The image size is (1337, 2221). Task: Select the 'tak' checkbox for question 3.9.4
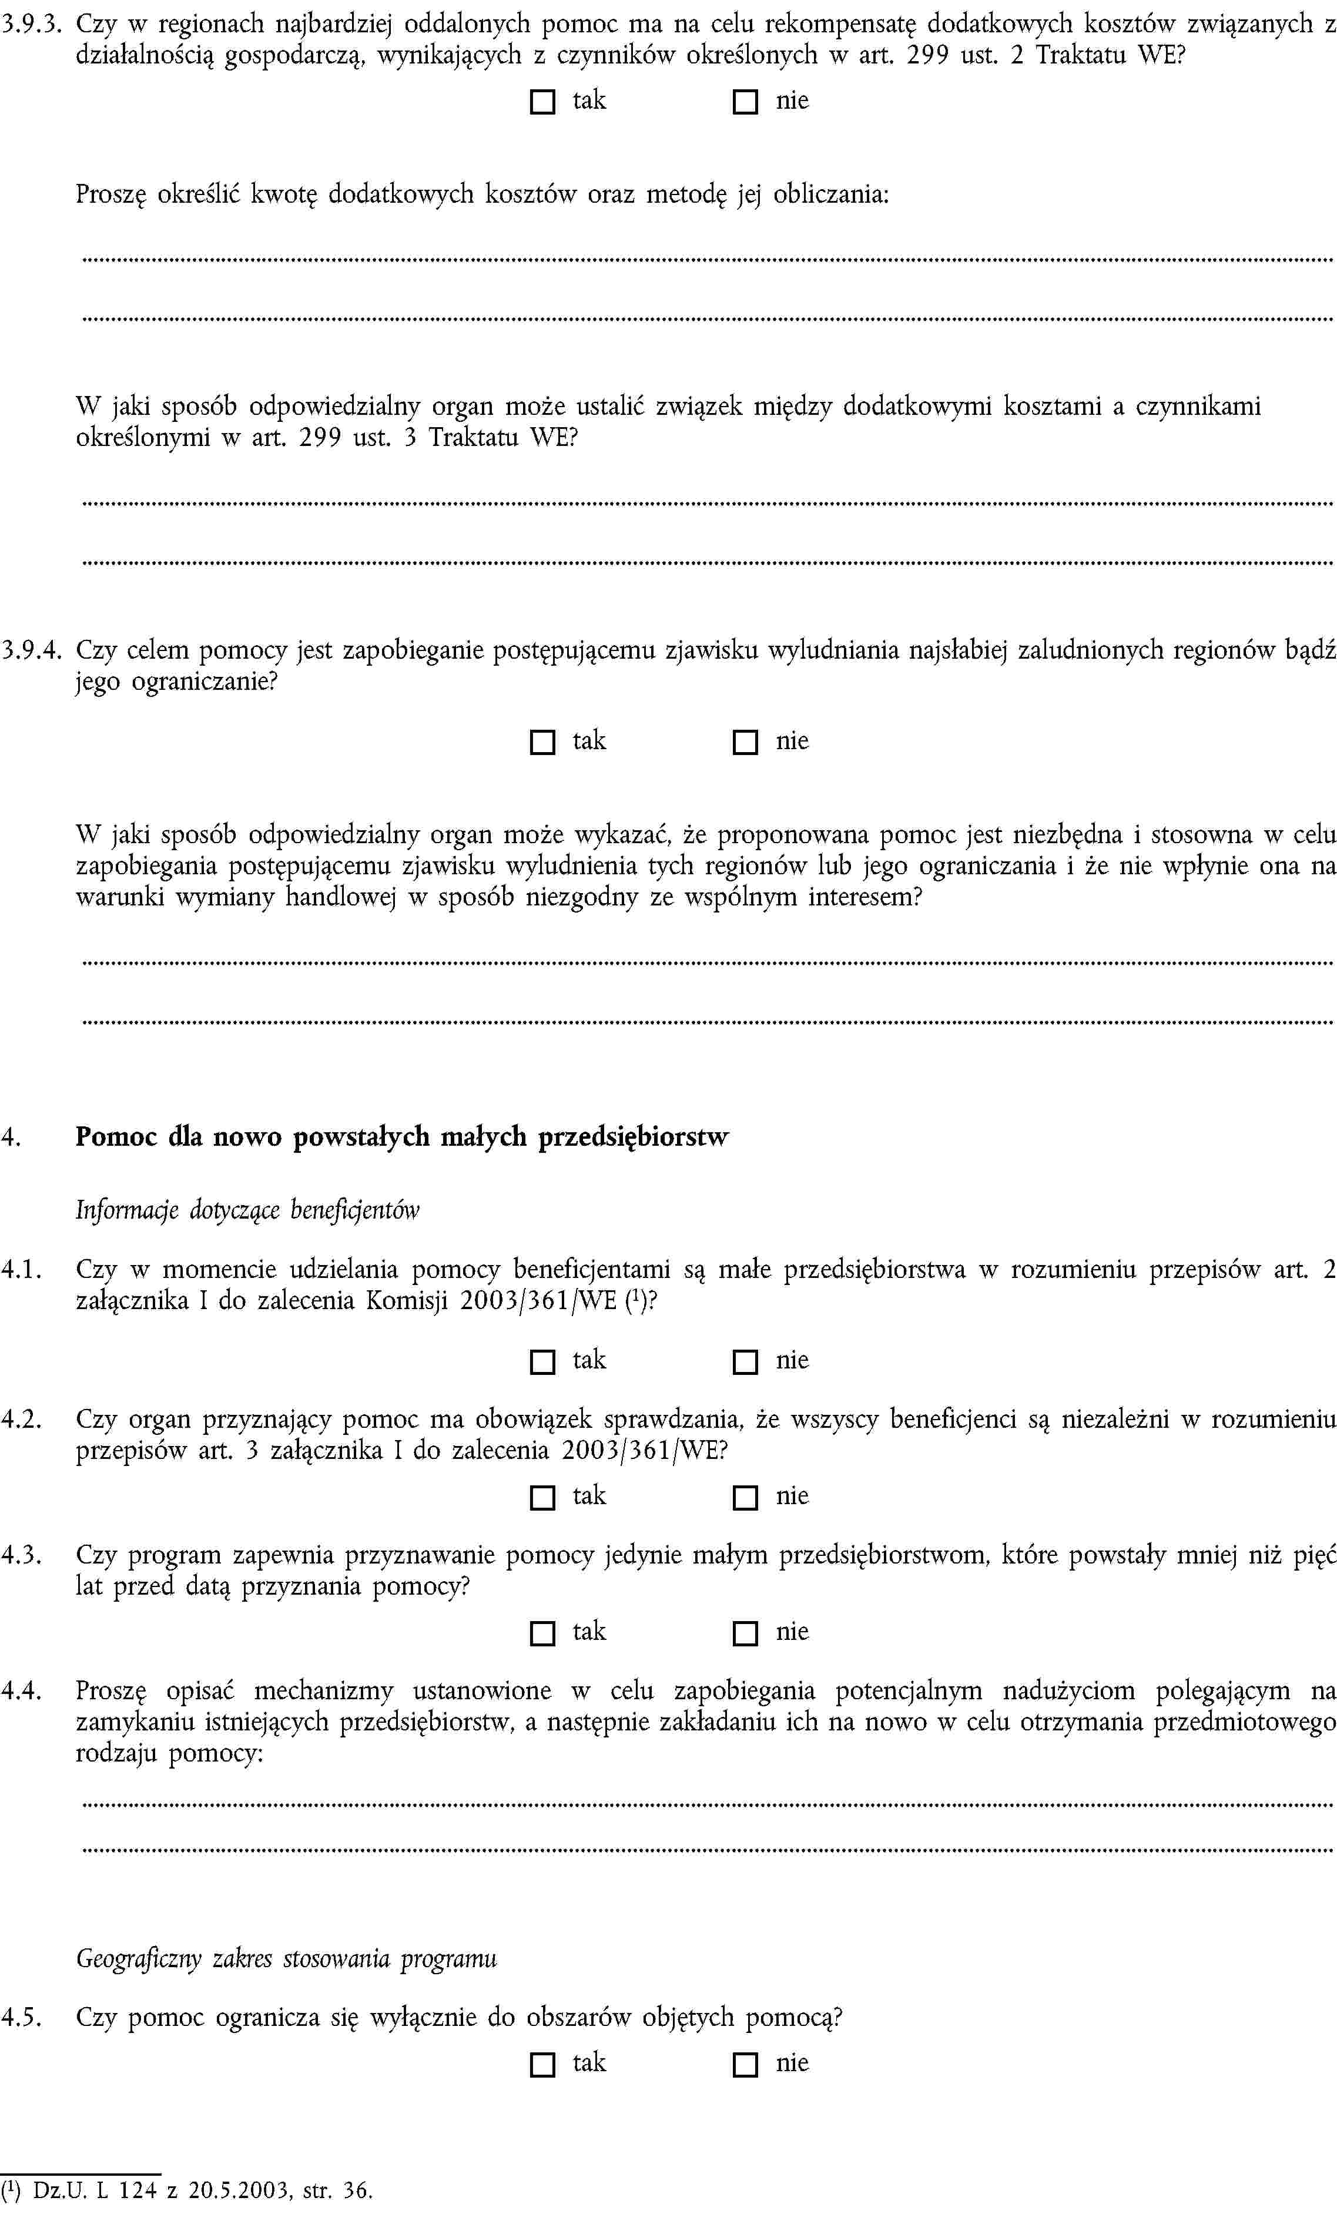coord(542,742)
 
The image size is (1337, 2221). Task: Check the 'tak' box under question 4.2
coord(542,1498)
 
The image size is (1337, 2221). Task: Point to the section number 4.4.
coord(22,1690)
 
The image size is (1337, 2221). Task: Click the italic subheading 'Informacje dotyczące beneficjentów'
coord(248,1210)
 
